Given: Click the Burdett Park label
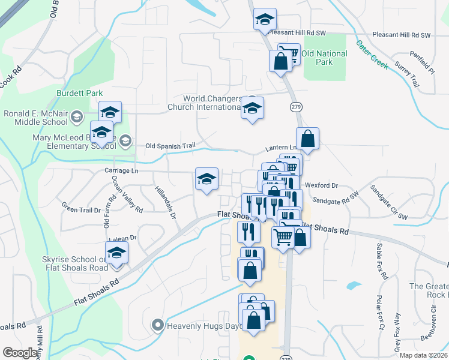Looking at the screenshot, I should pyautogui.click(x=79, y=93).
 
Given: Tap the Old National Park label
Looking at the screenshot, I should pyautogui.click(x=324, y=58).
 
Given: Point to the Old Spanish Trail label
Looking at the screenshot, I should pyautogui.click(x=170, y=146).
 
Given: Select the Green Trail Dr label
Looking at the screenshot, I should pyautogui.click(x=81, y=210).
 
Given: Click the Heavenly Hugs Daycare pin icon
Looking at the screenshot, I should pyautogui.click(x=158, y=326).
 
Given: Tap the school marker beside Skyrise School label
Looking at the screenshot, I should pyautogui.click(x=117, y=254).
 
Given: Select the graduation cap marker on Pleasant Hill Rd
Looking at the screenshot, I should pyautogui.click(x=264, y=20).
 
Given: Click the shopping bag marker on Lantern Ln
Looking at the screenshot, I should pyautogui.click(x=307, y=139).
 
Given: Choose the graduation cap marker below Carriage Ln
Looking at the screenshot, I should pyautogui.click(x=206, y=179).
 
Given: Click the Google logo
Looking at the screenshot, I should pyautogui.click(x=19, y=353).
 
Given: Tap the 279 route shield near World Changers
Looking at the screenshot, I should pyautogui.click(x=295, y=106).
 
